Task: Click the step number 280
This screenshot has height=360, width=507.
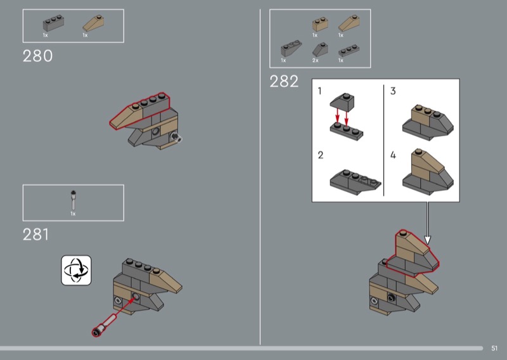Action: click(37, 56)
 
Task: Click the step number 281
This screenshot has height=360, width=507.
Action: click(36, 235)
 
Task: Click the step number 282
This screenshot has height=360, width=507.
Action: click(284, 81)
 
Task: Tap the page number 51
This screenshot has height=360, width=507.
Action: click(494, 348)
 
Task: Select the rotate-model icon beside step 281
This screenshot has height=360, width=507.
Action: click(76, 271)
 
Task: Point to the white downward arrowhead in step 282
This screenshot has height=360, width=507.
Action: click(427, 240)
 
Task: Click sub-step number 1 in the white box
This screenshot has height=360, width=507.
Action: click(320, 91)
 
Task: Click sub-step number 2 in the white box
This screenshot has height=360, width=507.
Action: click(321, 155)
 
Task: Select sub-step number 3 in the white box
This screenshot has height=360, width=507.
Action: click(393, 91)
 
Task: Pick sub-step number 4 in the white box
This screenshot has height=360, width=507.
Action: click(393, 155)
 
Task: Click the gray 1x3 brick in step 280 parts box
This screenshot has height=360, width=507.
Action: click(53, 23)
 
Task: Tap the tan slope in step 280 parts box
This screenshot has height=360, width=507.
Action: click(93, 23)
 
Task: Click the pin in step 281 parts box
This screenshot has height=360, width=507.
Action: click(74, 200)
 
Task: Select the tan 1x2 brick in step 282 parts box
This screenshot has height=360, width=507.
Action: click(320, 24)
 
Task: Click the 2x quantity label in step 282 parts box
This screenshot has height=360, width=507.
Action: click(315, 60)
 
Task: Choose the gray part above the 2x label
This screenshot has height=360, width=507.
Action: click(320, 49)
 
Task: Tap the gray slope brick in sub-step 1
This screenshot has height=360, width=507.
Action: click(342, 101)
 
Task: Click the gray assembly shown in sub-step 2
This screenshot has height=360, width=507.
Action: click(356, 182)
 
